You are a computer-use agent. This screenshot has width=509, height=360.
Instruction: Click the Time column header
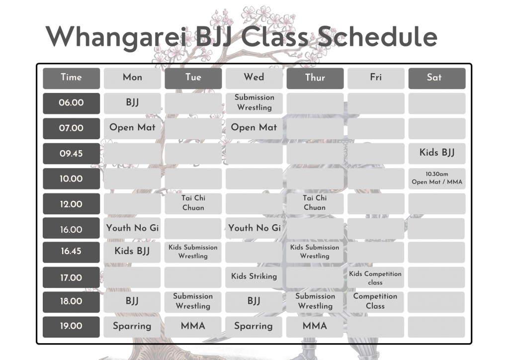[x=72, y=78]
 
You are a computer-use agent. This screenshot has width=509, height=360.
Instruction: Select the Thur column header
[x=315, y=78]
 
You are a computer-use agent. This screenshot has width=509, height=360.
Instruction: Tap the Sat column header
[x=437, y=78]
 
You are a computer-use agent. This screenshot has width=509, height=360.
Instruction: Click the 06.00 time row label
[x=72, y=103]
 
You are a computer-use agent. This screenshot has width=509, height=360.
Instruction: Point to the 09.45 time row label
[x=72, y=154]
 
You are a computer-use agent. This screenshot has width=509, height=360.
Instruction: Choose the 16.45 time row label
[x=71, y=252]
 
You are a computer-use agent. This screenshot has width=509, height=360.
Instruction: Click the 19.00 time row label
[x=71, y=327]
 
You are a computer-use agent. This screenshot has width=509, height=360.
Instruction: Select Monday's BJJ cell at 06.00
[x=132, y=103]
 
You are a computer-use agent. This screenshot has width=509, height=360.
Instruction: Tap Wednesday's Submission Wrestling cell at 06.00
[x=254, y=103]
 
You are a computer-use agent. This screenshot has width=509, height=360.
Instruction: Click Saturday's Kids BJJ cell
[x=437, y=154]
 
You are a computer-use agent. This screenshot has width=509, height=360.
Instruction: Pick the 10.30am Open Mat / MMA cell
[x=437, y=179]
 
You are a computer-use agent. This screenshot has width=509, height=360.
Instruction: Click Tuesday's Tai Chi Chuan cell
[x=193, y=203]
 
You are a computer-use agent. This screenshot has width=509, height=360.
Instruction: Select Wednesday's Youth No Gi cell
[x=254, y=228]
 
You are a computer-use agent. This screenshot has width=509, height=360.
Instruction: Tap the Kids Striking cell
[x=254, y=277]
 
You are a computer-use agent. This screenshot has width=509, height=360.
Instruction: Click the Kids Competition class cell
[x=376, y=277]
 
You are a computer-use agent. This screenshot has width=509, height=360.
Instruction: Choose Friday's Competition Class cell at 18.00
[x=376, y=302]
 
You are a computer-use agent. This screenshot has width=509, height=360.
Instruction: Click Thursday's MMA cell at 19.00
[x=315, y=327]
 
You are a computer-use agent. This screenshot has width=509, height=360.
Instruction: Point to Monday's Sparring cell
[x=132, y=327]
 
